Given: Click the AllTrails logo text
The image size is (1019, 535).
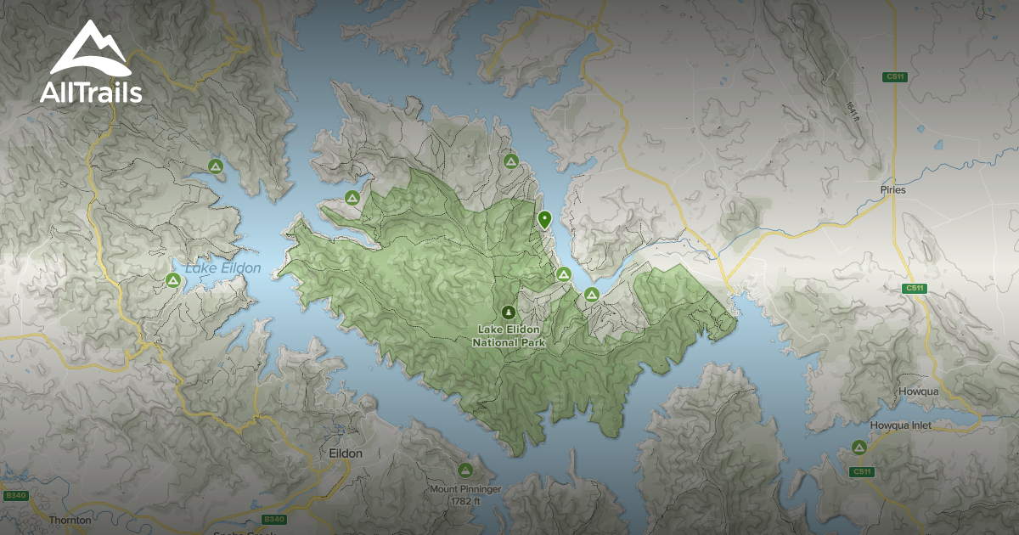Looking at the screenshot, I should pos(91,92).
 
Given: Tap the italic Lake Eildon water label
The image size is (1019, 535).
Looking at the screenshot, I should pos(223,268).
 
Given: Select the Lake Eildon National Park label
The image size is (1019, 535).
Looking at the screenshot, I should pos(509,336).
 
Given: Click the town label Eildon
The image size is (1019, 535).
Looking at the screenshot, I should pos(345,453).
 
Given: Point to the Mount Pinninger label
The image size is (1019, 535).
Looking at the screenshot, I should pos(465,490).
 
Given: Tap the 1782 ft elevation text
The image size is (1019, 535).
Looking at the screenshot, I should pos(465,501).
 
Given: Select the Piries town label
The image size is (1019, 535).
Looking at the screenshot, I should pos(893,189).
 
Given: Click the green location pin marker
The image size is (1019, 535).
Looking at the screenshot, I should pos(544,219).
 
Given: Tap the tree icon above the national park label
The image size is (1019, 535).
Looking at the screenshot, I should pos(509,312).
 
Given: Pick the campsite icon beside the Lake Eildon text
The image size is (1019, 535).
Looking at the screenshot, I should pos(173,279).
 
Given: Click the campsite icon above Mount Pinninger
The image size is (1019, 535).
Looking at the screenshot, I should pos(464,470).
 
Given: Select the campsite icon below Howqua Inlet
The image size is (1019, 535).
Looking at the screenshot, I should pos(859,447).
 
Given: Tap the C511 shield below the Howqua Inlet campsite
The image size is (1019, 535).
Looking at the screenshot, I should pos(862,471).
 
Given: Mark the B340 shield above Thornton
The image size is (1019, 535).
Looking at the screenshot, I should pos(14,495).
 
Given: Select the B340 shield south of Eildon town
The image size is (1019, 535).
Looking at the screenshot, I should pos(273,519).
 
